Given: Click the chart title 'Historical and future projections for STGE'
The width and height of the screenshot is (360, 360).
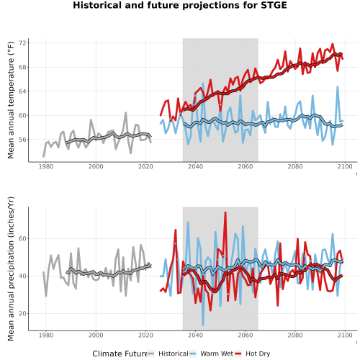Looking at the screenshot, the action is [x=180, y=5].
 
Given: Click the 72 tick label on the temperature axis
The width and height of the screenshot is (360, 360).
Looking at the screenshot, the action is [x=24, y=43].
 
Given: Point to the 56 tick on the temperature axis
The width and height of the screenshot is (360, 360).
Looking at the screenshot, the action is [x=24, y=140].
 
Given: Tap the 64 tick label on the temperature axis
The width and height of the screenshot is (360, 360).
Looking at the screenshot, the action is [x=24, y=91].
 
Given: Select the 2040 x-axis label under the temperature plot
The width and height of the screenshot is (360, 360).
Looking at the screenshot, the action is [x=195, y=166].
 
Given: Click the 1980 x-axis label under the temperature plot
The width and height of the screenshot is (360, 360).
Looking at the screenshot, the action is [x=46, y=166].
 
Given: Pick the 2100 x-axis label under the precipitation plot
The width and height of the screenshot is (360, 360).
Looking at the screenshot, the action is [x=345, y=335].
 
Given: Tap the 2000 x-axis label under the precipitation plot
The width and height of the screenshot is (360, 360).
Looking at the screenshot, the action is [x=96, y=335].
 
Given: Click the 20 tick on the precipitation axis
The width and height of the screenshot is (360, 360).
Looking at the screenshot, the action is [x=24, y=314].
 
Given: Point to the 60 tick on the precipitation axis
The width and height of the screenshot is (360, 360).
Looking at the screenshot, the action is [x=24, y=239].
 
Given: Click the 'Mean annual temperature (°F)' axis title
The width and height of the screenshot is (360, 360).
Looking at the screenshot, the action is [x=11, y=100].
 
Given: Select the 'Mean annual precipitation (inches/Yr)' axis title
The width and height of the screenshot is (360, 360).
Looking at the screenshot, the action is [x=11, y=269].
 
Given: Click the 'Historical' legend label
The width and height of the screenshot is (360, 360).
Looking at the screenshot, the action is [x=174, y=354].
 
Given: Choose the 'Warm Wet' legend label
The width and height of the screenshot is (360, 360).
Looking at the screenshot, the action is [x=217, y=354].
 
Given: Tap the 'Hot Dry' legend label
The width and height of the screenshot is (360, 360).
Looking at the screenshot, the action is [x=258, y=354].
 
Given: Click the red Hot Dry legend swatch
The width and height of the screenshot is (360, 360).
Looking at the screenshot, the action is [x=238, y=354].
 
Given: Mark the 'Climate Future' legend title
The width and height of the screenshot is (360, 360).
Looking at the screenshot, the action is [x=120, y=354].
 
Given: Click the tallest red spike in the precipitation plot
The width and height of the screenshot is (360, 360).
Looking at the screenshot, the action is [x=225, y=212].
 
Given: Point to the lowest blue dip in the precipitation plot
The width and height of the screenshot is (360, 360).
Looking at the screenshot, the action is [x=203, y=325].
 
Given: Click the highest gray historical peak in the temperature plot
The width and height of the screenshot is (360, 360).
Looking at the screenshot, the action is [x=125, y=112].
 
